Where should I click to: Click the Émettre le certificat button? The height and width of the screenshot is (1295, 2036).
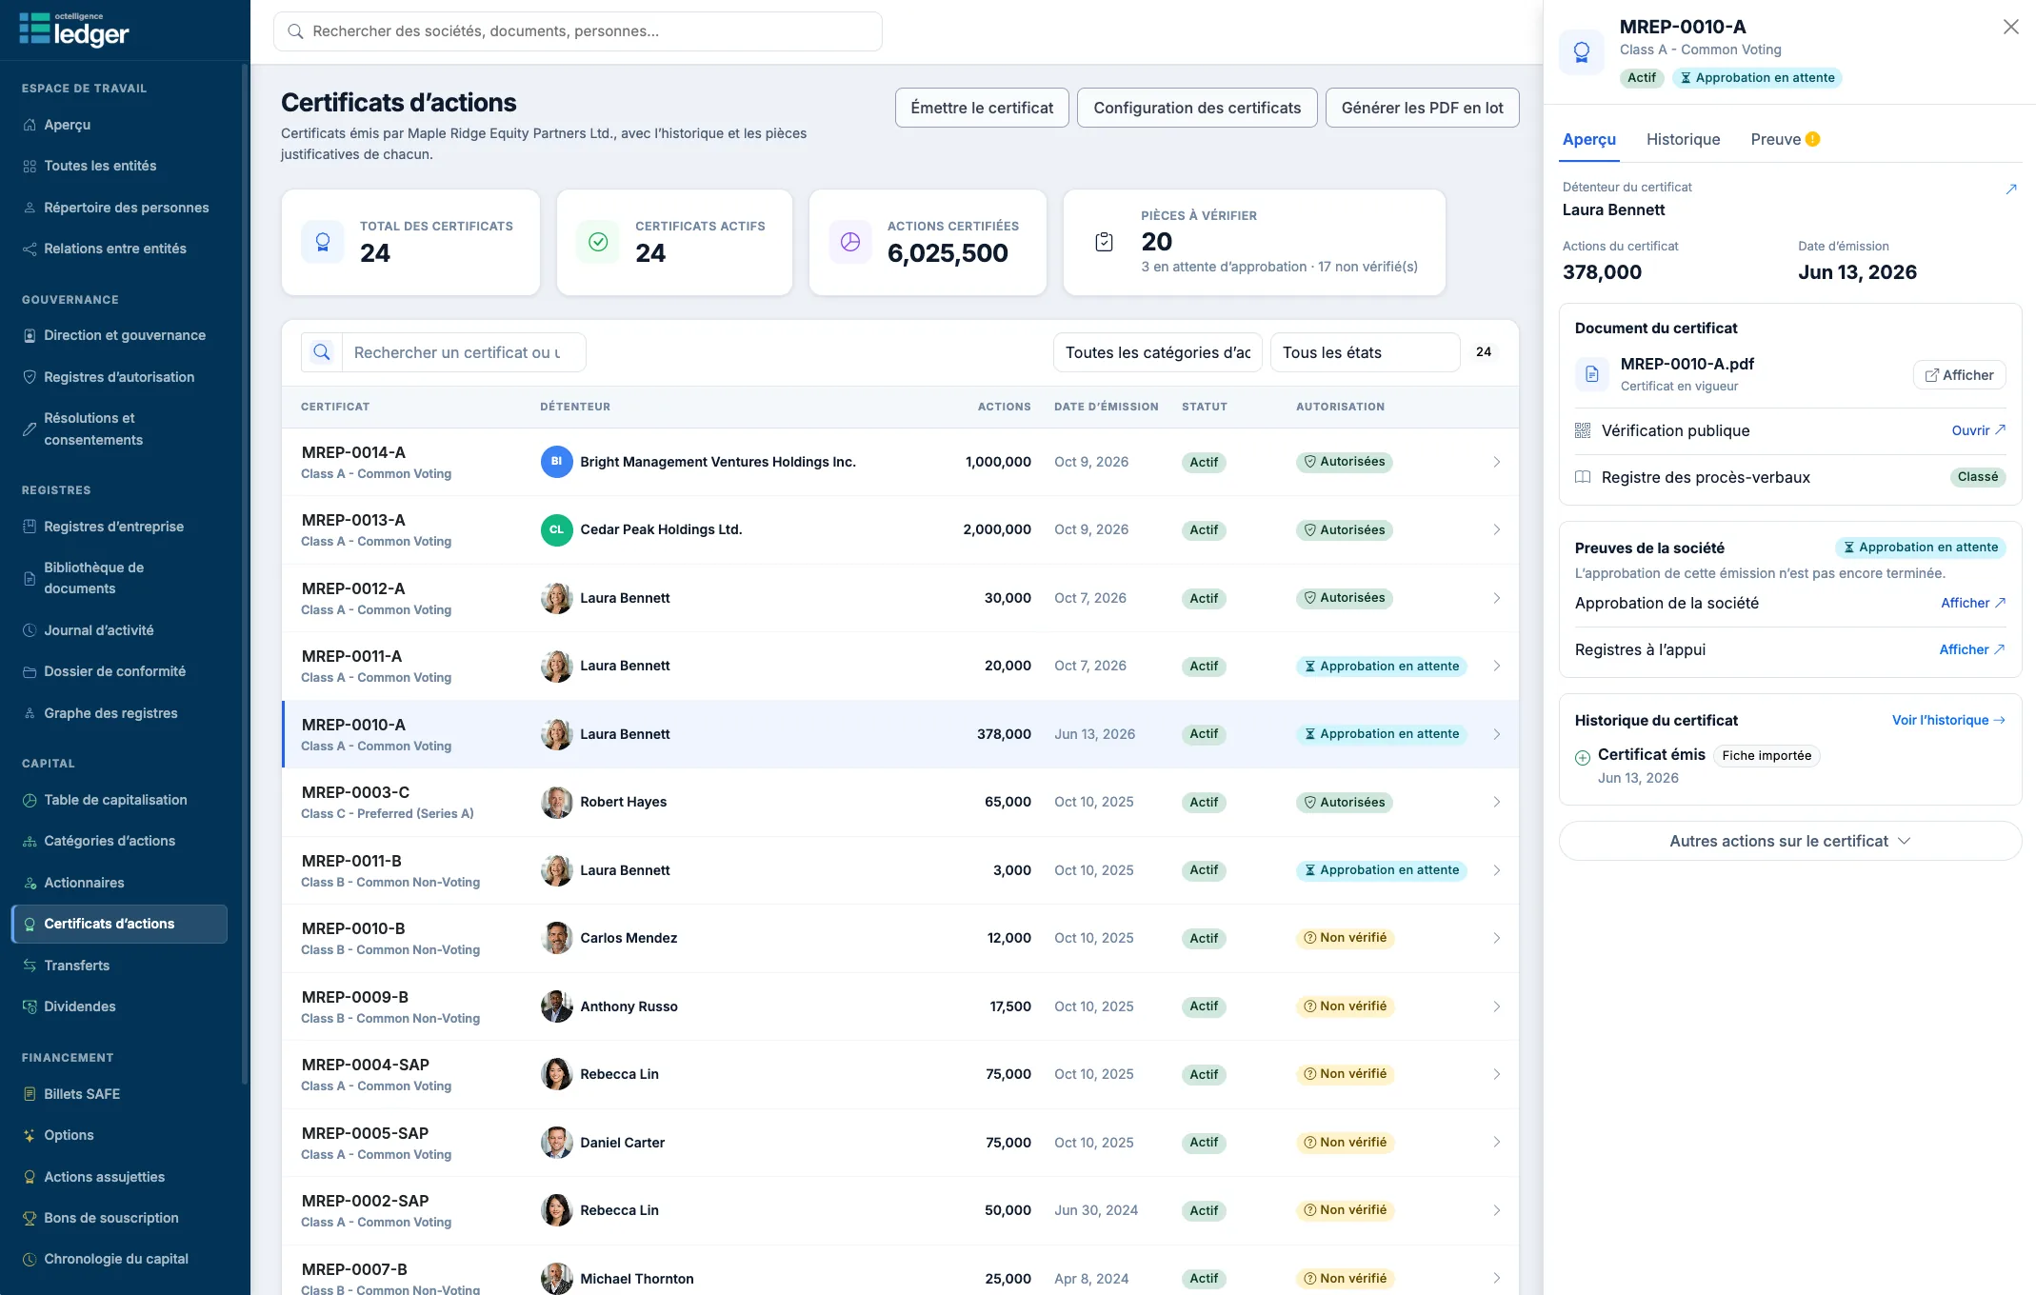[x=982, y=108]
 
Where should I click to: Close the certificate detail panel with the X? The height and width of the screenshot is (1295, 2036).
[x=2010, y=27]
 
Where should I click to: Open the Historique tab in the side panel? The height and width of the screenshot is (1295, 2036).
[x=1683, y=139]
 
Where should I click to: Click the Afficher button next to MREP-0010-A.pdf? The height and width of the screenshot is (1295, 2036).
[x=1959, y=375]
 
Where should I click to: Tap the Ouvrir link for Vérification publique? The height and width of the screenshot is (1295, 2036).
[x=1978, y=430]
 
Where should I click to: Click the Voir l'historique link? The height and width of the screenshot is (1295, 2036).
[x=1948, y=720]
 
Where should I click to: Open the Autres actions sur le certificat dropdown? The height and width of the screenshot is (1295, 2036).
[x=1789, y=841]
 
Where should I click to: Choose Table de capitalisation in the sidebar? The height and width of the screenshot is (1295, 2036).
[x=115, y=800]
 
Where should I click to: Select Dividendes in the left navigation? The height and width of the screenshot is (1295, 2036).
[x=80, y=1006]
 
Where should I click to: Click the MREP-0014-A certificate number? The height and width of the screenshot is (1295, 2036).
[x=353, y=452]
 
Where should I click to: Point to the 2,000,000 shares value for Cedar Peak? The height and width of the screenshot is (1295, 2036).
[x=996, y=529]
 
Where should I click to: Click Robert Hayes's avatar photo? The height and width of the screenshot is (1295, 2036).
[x=556, y=802]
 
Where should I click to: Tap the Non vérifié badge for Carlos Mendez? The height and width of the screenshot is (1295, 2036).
[x=1345, y=938]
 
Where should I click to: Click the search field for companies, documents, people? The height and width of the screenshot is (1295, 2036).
[x=577, y=31]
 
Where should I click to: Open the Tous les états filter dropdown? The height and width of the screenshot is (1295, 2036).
[x=1364, y=352]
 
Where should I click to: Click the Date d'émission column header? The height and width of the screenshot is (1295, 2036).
[x=1106, y=407]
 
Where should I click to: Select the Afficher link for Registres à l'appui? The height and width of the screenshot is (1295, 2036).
[x=1972, y=649]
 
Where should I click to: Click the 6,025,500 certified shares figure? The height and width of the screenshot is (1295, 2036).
[x=947, y=253]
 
